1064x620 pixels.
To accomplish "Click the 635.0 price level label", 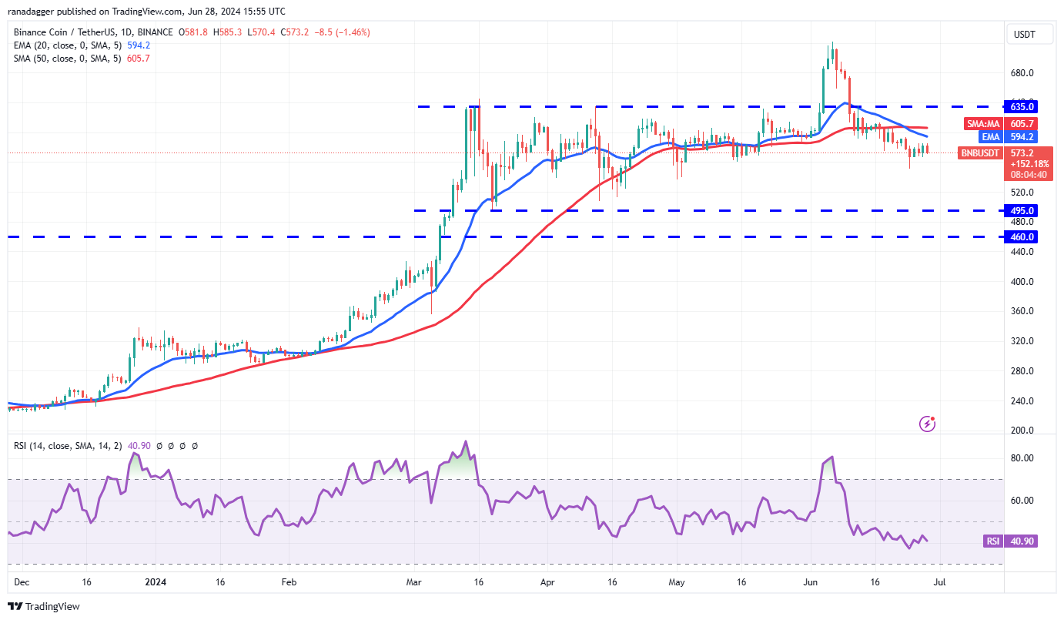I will point(1022,106).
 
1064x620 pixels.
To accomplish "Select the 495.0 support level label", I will point(1022,210).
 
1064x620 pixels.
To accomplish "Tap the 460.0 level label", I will point(1022,237).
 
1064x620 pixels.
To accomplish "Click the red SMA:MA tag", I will point(984,123).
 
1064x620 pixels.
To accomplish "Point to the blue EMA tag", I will point(989,137).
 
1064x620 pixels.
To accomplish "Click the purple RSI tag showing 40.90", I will point(992,541).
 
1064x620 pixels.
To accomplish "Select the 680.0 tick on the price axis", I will point(1022,73).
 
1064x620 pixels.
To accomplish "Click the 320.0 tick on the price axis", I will point(1022,341).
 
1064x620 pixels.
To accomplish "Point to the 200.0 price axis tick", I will point(1022,431).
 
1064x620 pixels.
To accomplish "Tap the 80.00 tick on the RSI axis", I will point(1022,458).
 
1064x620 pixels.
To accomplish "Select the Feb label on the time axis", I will point(289,584).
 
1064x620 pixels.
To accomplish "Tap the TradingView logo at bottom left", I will point(44,606).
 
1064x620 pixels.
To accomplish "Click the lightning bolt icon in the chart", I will point(928,424).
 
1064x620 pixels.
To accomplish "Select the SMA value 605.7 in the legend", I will point(136,59).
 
